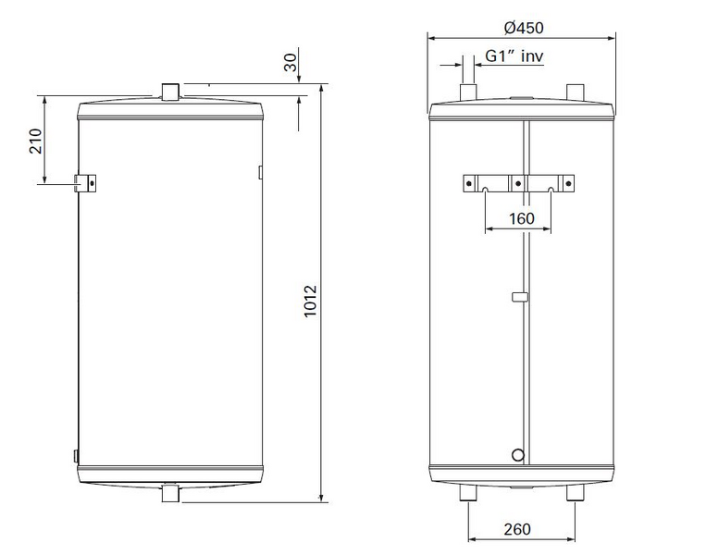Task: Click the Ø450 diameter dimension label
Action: (x=524, y=28)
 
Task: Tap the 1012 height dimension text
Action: (x=310, y=302)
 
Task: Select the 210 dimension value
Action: (x=35, y=141)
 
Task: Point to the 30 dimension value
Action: (x=291, y=63)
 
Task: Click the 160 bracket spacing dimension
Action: (x=521, y=218)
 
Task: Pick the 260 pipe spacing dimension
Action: (x=517, y=529)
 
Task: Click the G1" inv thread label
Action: (x=514, y=56)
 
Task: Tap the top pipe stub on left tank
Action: (x=170, y=92)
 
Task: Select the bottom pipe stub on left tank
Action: (x=170, y=493)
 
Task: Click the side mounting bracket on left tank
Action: (x=85, y=183)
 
